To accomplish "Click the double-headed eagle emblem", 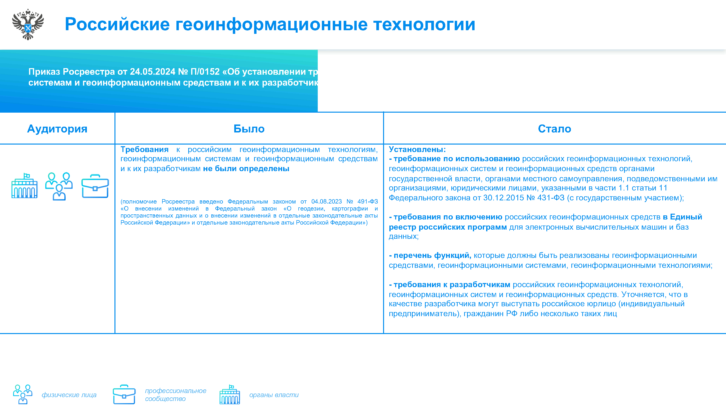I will point(28,24).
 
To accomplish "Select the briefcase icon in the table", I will point(95,186).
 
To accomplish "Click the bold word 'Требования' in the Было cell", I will point(144,150).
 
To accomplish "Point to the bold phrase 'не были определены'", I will point(246,169).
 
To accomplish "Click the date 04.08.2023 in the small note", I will point(326,202).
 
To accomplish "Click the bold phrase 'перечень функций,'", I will point(432,255).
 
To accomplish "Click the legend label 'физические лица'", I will point(69,395).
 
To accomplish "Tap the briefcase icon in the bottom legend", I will point(124,394).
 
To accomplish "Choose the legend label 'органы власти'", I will point(274,395).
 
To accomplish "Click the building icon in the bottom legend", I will point(230,394).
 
